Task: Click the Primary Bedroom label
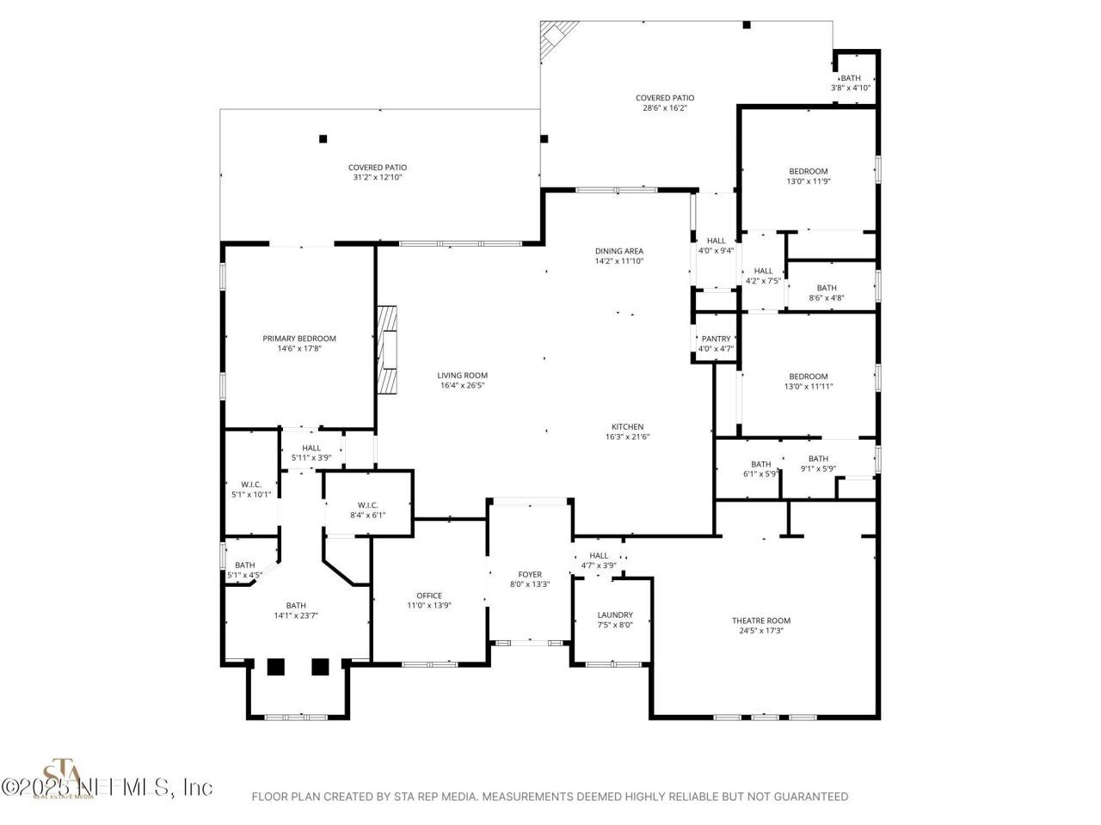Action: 299,339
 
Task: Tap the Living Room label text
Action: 462,376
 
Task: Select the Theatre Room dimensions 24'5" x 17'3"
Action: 760,631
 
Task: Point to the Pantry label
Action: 716,339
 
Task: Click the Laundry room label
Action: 615,615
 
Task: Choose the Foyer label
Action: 530,575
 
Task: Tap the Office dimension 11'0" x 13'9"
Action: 429,606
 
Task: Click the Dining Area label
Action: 619,251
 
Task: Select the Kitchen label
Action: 627,427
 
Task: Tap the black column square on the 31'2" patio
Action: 323,138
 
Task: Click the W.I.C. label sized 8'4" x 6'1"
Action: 367,504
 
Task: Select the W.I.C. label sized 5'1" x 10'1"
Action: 251,485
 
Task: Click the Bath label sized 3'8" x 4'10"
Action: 851,78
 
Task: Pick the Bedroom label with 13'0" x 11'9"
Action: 809,171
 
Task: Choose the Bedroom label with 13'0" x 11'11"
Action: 809,376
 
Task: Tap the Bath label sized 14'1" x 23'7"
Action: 296,606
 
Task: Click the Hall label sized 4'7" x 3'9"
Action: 599,556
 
